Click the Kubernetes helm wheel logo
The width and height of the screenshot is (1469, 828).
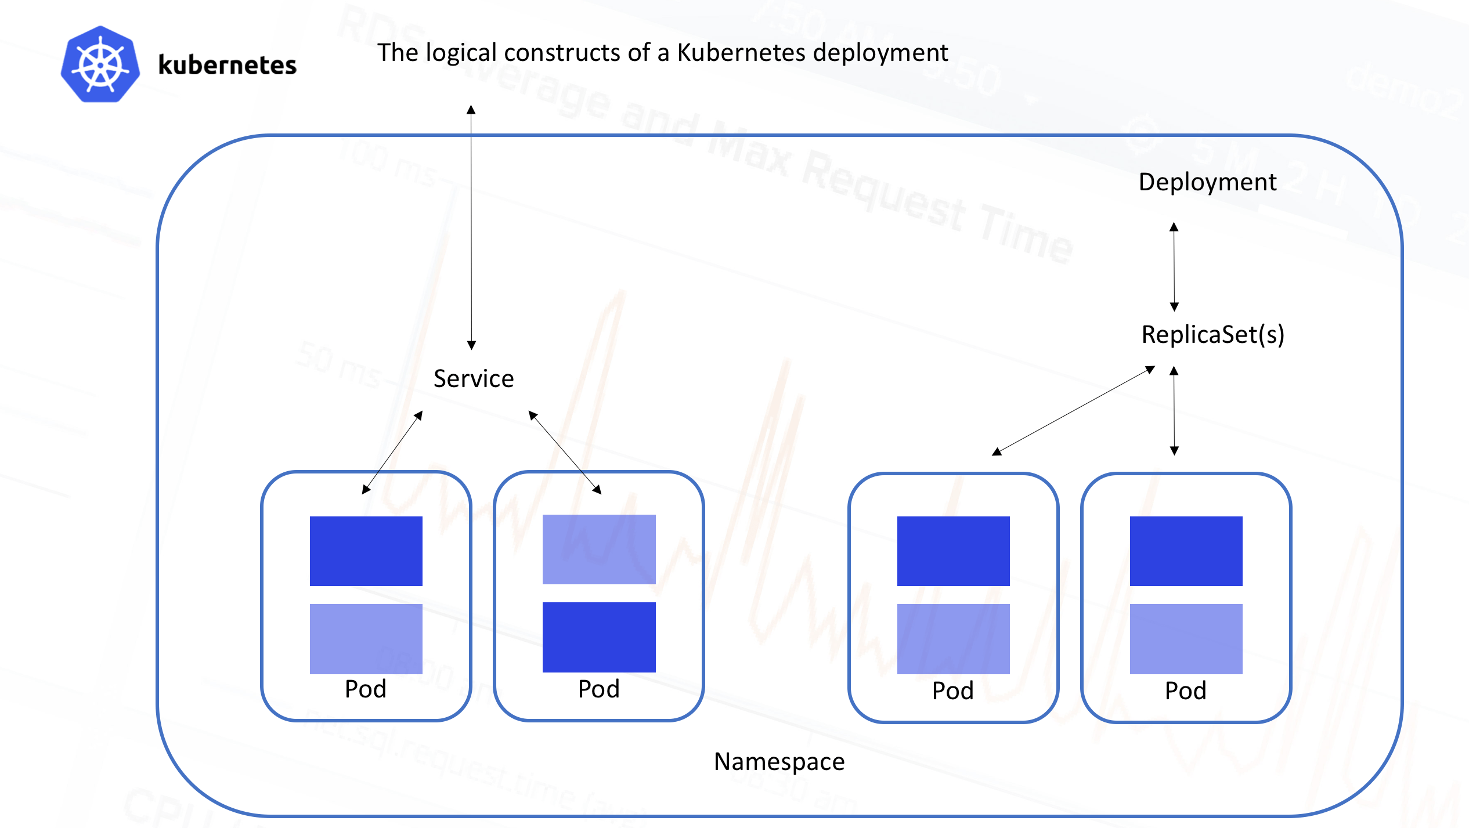[100, 64]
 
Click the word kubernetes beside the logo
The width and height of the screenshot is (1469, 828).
[227, 65]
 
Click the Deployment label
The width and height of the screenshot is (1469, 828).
[1207, 182]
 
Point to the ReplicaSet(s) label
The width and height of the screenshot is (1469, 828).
[1212, 335]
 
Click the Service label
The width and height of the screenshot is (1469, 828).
[474, 379]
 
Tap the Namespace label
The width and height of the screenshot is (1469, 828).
[779, 761]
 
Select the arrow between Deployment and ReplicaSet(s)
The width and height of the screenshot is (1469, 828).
[1174, 267]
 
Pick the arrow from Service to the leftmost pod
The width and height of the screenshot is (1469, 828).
[392, 453]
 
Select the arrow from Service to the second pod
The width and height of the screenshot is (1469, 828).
[565, 453]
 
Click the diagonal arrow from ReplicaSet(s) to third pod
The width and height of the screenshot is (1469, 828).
[1073, 411]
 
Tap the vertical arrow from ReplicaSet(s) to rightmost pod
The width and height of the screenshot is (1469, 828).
[1174, 411]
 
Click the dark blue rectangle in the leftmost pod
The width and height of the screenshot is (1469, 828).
[366, 551]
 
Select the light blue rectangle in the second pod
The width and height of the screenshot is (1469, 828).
[598, 549]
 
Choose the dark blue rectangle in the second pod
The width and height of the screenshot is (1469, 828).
[598, 637]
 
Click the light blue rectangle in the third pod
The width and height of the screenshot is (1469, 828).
[953, 638]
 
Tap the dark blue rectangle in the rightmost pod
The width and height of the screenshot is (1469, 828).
[1186, 551]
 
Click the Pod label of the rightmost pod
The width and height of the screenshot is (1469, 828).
[1185, 690]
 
